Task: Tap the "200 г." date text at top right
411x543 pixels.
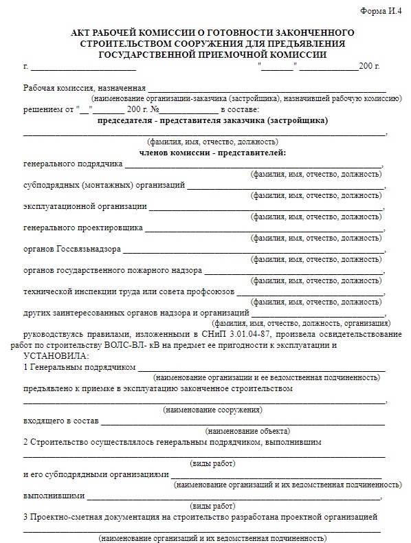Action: pyautogui.click(x=368, y=67)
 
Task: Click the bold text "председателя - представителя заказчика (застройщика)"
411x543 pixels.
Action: pyautogui.click(x=212, y=120)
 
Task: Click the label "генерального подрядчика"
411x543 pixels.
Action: pyautogui.click(x=73, y=164)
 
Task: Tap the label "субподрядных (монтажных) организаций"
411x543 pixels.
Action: pyautogui.click(x=104, y=186)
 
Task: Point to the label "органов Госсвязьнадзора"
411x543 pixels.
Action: pyautogui.click(x=72, y=248)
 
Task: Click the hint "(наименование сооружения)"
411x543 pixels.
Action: pyautogui.click(x=212, y=410)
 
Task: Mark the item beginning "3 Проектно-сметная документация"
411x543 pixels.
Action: pyautogui.click(x=200, y=516)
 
